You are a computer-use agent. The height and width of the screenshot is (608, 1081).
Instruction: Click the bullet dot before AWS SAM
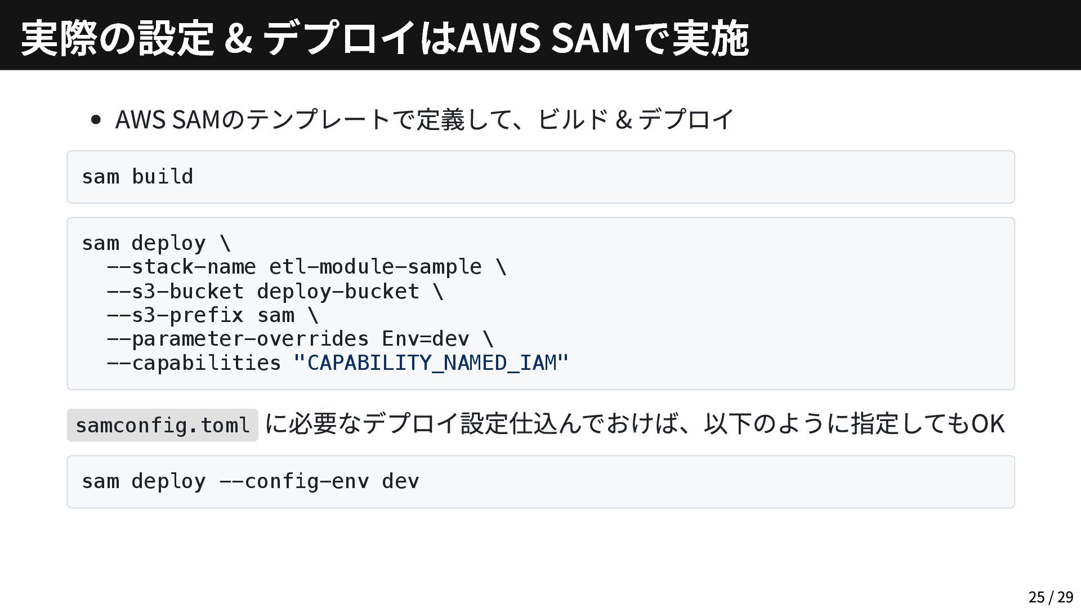point(96,119)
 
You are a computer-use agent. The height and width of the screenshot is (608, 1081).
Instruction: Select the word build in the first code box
point(162,177)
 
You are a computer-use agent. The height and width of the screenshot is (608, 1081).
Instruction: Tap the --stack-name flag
point(181,266)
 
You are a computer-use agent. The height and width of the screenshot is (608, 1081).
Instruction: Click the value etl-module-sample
point(375,266)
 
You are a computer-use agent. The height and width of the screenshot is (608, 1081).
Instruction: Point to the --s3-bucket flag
point(175,291)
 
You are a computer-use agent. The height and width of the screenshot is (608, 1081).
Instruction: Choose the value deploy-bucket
point(338,291)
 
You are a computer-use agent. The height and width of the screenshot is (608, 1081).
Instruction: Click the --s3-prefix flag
point(175,315)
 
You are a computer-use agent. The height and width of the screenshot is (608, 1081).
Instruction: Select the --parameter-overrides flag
point(237,338)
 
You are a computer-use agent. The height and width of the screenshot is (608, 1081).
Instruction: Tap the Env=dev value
point(425,338)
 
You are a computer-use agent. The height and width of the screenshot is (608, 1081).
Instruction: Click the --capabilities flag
point(193,363)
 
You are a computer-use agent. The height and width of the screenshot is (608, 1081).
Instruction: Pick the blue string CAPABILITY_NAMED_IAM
point(431,363)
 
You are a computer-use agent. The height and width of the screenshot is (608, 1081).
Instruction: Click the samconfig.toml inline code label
point(162,425)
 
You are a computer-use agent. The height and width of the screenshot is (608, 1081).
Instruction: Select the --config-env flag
point(293,481)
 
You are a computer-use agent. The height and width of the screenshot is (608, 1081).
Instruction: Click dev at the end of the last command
point(400,481)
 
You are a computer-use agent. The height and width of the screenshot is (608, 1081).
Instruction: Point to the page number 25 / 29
point(1051,597)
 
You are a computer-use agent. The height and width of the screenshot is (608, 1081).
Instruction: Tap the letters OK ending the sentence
point(988,423)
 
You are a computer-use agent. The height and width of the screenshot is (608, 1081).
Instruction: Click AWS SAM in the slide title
point(544,38)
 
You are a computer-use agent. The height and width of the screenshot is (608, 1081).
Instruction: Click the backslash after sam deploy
point(225,243)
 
